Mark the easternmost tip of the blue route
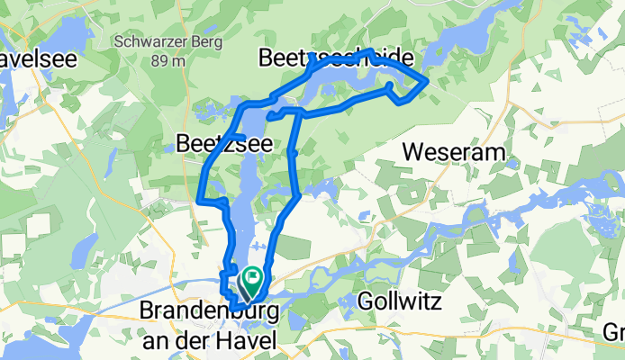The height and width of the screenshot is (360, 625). pyautogui.click(x=427, y=84)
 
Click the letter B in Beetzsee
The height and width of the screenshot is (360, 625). pyautogui.click(x=182, y=143)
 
